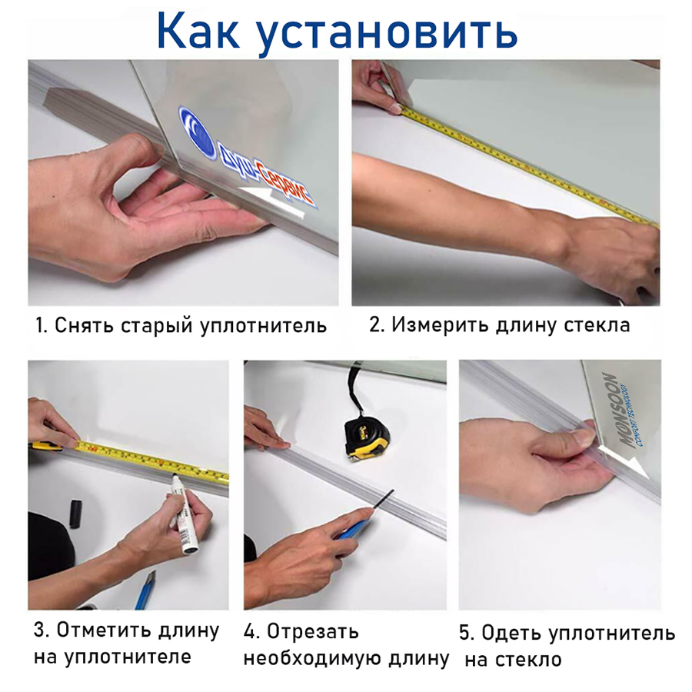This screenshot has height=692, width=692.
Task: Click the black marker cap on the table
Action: point(75,513)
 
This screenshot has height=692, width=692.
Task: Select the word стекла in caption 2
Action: point(601,324)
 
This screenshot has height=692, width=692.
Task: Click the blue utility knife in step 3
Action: point(145,590)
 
